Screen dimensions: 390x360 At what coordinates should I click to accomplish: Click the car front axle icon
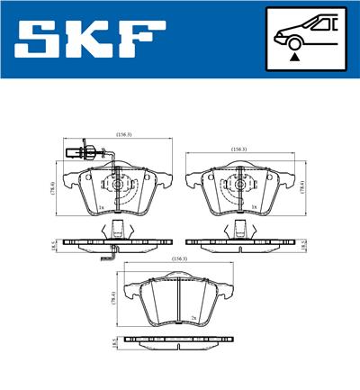click(305, 37)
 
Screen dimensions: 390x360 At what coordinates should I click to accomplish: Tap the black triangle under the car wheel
click(293, 56)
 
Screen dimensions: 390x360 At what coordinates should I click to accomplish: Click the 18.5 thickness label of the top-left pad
click(54, 242)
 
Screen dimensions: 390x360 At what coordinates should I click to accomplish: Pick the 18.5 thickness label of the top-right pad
click(303, 242)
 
